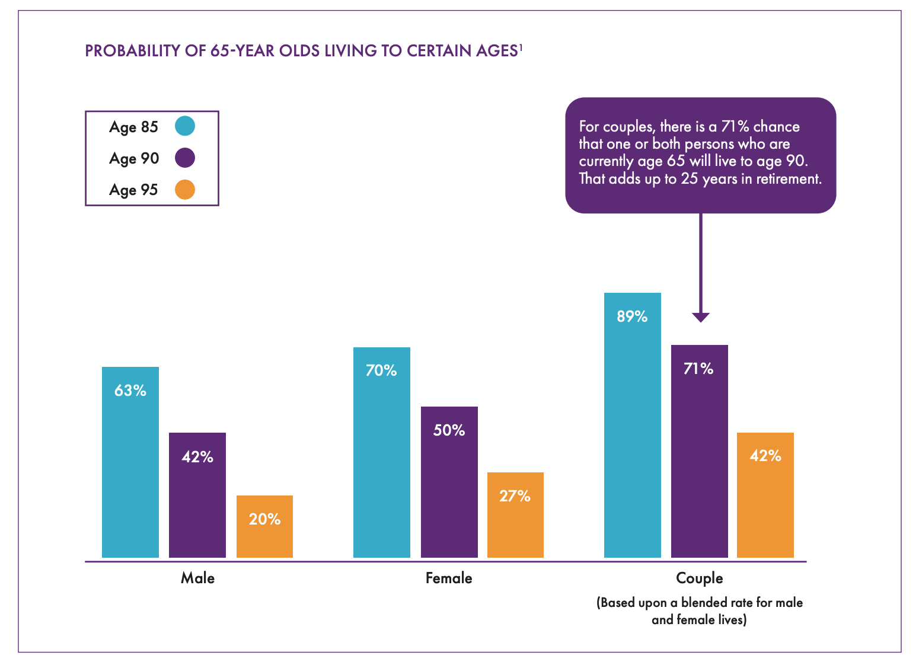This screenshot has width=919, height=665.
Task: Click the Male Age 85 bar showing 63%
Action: click(130, 462)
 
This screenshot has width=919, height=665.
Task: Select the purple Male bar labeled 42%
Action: click(197, 495)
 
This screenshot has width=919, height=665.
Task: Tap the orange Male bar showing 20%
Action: click(264, 526)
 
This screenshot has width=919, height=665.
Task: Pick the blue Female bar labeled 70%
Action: click(381, 452)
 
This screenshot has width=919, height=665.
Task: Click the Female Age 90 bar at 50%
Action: click(449, 482)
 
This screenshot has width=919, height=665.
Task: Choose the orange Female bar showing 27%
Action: click(515, 515)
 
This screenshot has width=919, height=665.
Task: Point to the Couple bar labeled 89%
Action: click(632, 425)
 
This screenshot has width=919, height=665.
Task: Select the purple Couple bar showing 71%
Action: click(699, 451)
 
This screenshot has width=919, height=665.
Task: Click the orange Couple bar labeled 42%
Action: click(765, 495)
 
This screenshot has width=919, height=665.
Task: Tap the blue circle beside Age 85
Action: click(185, 126)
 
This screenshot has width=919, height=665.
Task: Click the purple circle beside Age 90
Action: click(185, 158)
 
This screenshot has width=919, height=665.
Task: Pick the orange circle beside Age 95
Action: click(185, 190)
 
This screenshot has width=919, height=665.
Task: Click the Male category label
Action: click(197, 578)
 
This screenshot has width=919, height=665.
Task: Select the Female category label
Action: click(449, 578)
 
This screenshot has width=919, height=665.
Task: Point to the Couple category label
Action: click(700, 578)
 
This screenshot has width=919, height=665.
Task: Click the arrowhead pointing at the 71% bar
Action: click(701, 317)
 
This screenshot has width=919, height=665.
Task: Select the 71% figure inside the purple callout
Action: click(735, 127)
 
